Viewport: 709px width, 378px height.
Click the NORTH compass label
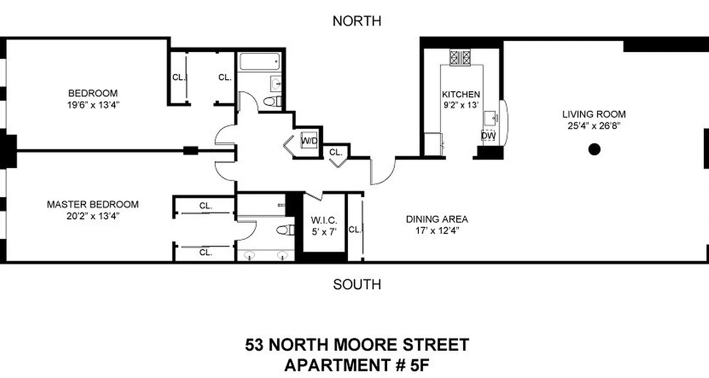coord(356,21)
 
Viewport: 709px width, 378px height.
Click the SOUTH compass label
coord(357,284)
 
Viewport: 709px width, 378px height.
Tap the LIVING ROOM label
coord(594,114)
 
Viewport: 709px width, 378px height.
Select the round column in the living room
coord(594,150)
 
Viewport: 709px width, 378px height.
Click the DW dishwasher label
coord(488,136)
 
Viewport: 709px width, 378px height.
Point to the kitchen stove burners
coord(460,58)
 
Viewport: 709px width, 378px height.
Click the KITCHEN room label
coord(461,94)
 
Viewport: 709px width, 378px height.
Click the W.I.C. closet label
coord(324,220)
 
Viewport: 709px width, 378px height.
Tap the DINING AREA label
coord(437,219)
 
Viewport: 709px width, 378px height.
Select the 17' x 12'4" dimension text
coord(437,231)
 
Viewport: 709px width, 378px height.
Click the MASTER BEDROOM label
coord(93,205)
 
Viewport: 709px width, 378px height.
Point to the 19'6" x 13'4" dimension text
coord(93,104)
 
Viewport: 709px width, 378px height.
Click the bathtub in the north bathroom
coord(259,61)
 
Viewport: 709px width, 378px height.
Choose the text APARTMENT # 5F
coord(357,365)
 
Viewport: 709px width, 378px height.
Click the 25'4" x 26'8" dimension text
coord(594,126)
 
